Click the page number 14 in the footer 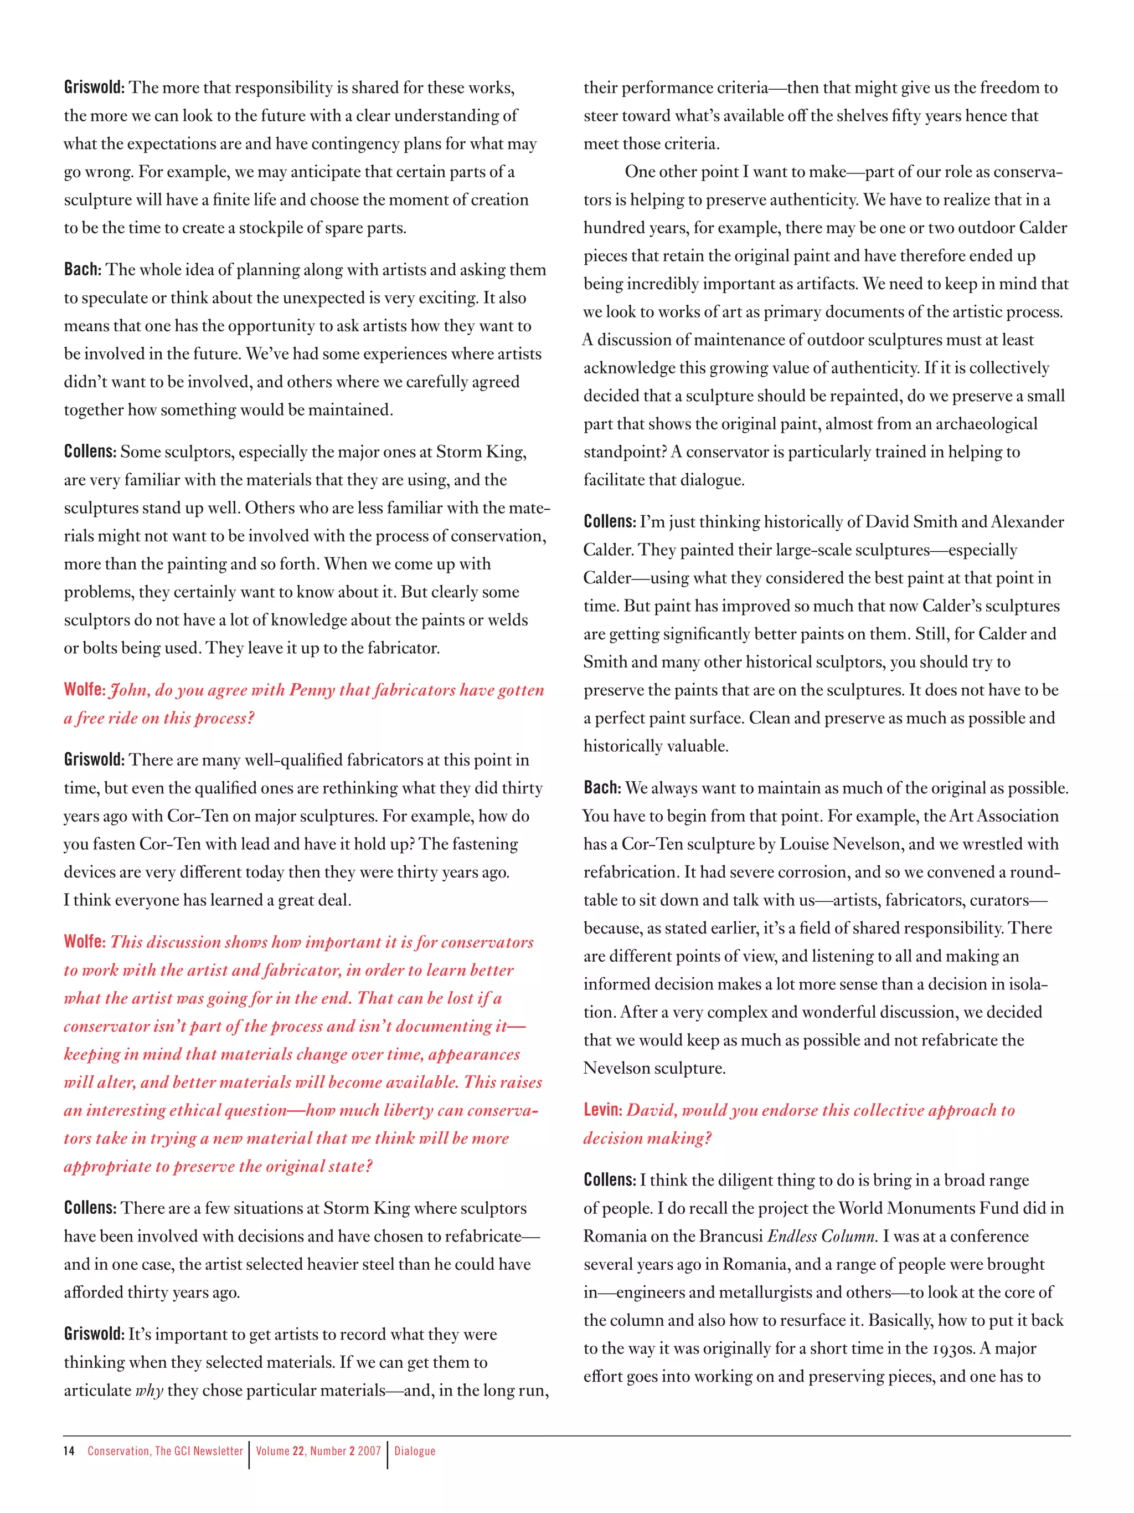[x=69, y=1451]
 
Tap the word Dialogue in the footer [x=414, y=1451]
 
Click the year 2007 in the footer [x=369, y=1451]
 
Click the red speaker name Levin [x=601, y=1110]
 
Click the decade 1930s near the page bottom [x=953, y=1348]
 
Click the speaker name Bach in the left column [x=81, y=269]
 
